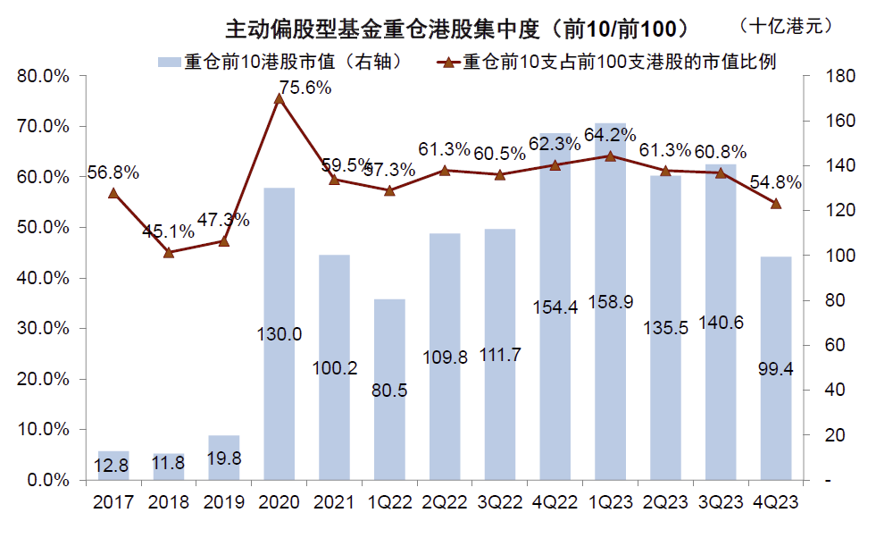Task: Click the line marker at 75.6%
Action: [x=279, y=98]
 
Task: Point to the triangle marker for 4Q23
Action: [x=775, y=204]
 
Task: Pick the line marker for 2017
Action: [x=113, y=193]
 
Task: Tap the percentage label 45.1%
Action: [x=168, y=231]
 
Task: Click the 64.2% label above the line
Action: [x=610, y=136]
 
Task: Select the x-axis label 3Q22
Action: [x=499, y=502]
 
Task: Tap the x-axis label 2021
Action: [x=334, y=502]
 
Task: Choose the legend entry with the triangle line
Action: [x=607, y=63]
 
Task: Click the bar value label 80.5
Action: [x=389, y=391]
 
